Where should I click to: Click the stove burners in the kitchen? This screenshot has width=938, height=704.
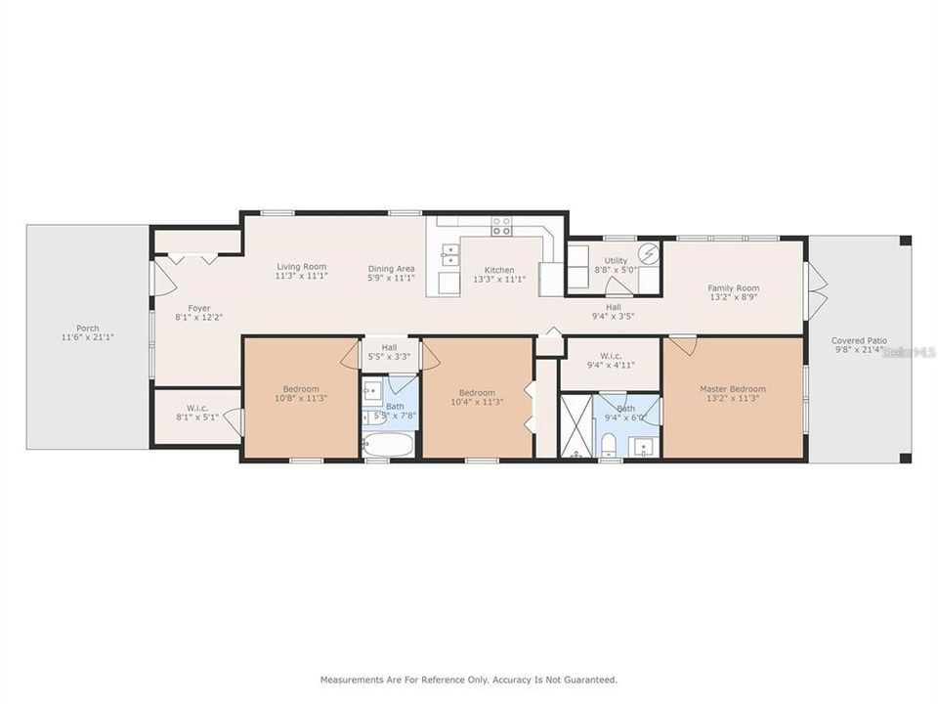tap(501, 227)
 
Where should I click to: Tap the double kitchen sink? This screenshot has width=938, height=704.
tap(450, 255)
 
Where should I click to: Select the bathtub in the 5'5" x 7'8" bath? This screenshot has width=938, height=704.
tap(389, 445)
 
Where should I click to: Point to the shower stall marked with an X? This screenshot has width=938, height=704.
tap(576, 426)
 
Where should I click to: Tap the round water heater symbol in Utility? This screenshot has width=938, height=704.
tap(649, 255)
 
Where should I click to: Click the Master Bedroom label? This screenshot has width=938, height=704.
tap(733, 389)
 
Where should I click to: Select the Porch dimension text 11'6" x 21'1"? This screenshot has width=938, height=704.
tap(87, 337)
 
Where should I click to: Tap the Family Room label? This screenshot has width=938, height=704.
tap(733, 288)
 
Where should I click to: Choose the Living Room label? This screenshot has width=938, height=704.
tap(301, 267)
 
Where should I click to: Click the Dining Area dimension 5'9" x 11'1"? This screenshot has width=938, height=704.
tap(392, 278)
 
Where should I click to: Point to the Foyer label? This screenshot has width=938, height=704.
tap(198, 309)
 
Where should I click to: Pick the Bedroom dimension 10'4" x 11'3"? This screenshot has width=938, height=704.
tap(478, 402)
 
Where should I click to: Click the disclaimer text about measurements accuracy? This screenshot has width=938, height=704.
tap(469, 679)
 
